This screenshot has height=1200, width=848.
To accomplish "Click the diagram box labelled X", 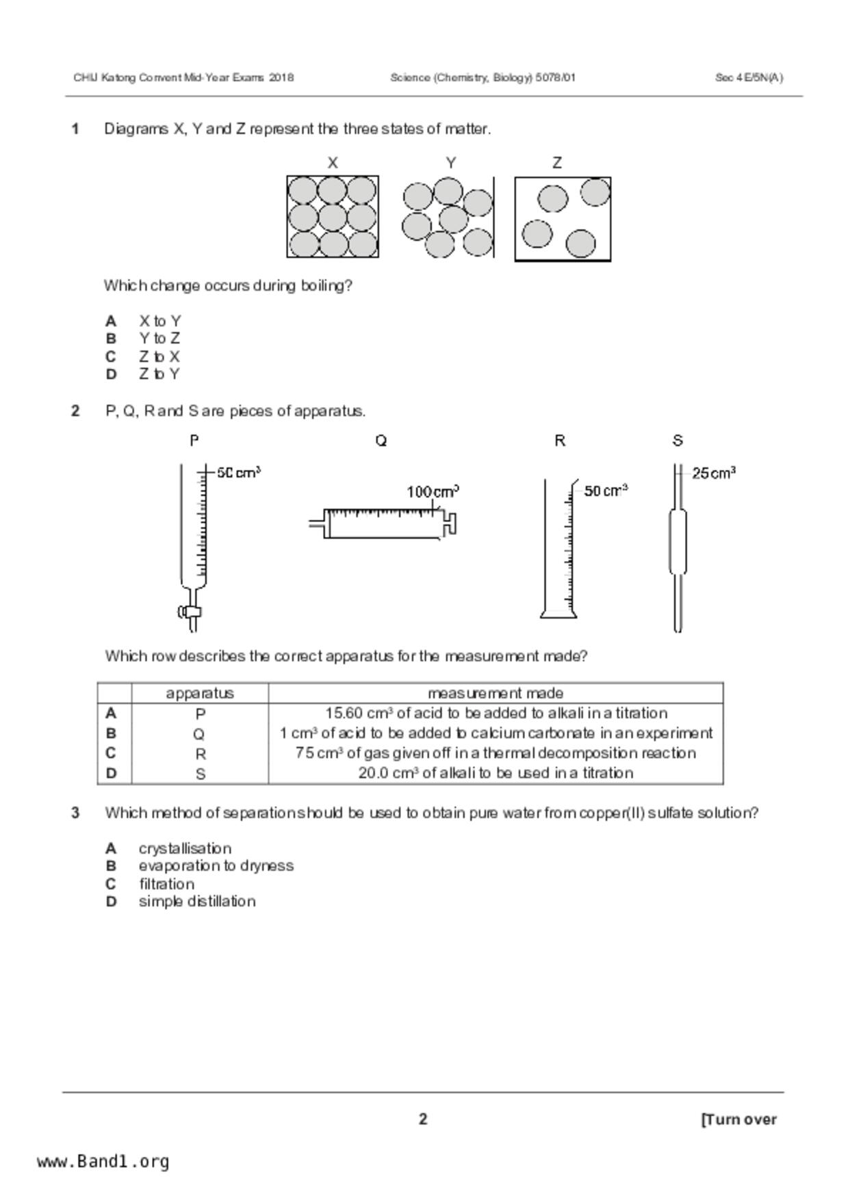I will click(x=332, y=217).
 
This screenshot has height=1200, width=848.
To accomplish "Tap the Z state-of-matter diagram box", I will click(x=562, y=219).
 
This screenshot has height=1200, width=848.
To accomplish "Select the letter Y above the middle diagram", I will click(x=451, y=163).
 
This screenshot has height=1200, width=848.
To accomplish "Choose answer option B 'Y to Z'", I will click(x=159, y=339).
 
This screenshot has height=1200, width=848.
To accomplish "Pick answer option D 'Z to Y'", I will click(x=159, y=374).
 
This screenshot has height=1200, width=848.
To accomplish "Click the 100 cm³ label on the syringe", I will click(x=433, y=492).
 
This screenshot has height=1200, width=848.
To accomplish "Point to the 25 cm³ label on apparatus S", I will click(x=713, y=473).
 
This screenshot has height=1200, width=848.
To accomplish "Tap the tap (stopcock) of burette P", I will click(x=190, y=612).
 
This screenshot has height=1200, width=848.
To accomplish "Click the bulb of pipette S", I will click(x=677, y=540).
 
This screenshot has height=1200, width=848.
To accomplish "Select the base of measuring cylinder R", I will click(x=558, y=613).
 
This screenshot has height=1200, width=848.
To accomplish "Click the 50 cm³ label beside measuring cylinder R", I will click(x=606, y=491).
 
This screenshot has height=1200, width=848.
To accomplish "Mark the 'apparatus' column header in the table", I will click(x=200, y=693).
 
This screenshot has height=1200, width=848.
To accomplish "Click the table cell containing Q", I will click(x=199, y=734).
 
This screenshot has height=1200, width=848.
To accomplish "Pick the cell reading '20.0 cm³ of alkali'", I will click(x=496, y=773).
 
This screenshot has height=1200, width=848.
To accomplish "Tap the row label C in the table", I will click(x=111, y=753).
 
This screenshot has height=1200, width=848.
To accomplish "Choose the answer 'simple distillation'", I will click(x=197, y=901).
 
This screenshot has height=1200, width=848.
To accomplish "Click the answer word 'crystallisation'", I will click(x=185, y=848).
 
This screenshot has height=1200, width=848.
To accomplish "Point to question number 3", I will click(x=75, y=813).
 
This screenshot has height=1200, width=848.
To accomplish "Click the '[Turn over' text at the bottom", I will click(x=738, y=1119).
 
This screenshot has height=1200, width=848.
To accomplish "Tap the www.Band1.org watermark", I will click(x=103, y=1161).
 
